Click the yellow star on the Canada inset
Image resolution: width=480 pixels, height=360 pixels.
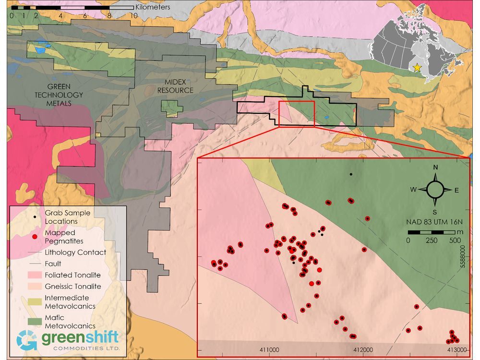click(417, 68)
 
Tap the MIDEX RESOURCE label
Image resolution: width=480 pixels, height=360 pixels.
click(176, 86)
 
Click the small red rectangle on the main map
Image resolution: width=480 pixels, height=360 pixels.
click(296, 114)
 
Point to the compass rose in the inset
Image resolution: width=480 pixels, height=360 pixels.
click(435, 190)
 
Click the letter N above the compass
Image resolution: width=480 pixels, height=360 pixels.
click(435, 168)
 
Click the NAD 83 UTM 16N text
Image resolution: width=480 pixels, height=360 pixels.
click(435, 222)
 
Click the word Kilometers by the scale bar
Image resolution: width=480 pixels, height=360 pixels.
click(153, 7)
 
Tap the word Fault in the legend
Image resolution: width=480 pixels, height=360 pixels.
click(53, 264)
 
